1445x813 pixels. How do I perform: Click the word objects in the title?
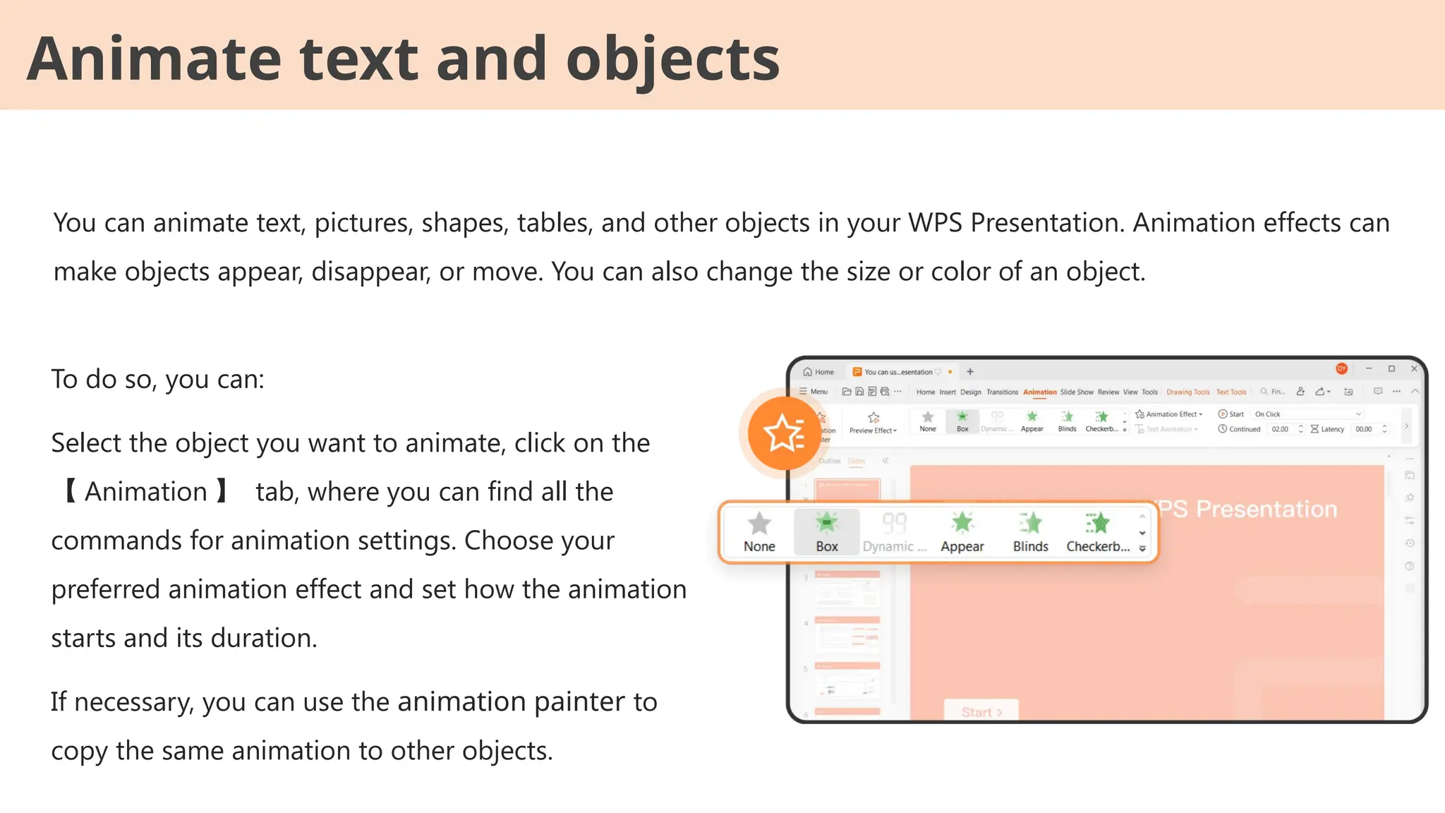click(x=672, y=59)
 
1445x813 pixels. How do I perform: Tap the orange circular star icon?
click(x=783, y=433)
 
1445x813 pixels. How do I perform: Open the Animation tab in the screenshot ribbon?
click(x=1039, y=392)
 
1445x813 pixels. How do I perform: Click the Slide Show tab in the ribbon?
click(x=1076, y=392)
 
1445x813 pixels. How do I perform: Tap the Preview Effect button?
click(x=873, y=423)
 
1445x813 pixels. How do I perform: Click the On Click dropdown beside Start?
click(x=1307, y=414)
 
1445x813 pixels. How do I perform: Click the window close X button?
click(x=1414, y=368)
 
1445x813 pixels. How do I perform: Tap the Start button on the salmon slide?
click(x=981, y=711)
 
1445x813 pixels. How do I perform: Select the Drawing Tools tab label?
click(x=1187, y=392)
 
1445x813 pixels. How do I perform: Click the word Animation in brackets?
click(x=146, y=492)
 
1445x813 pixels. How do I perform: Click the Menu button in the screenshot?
click(x=814, y=392)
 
